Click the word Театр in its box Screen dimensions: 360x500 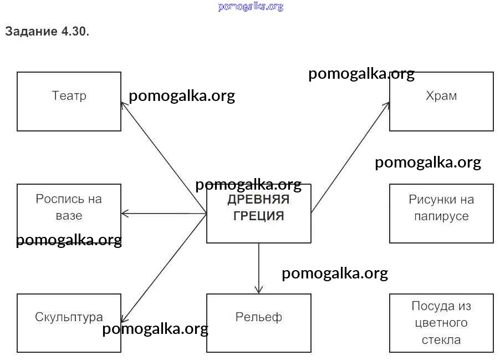click(x=69, y=95)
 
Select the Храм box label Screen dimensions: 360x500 click(x=441, y=95)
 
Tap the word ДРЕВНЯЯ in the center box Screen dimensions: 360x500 click(x=258, y=200)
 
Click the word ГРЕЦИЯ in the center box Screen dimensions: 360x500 click(x=258, y=216)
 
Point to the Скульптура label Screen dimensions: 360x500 click(x=69, y=317)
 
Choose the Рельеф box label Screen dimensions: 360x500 click(x=258, y=317)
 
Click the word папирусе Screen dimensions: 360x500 click(x=441, y=216)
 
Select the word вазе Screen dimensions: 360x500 click(x=69, y=215)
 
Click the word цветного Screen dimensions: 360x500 click(x=441, y=322)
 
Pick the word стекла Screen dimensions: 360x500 click(x=441, y=339)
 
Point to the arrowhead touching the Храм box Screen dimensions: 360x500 click(x=387, y=104)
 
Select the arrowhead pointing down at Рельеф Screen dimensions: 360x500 click(x=259, y=290)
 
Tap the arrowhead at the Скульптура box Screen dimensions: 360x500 click(x=124, y=319)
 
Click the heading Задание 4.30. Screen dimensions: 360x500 click(x=47, y=32)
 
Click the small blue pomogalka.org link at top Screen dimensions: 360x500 click(x=251, y=7)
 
